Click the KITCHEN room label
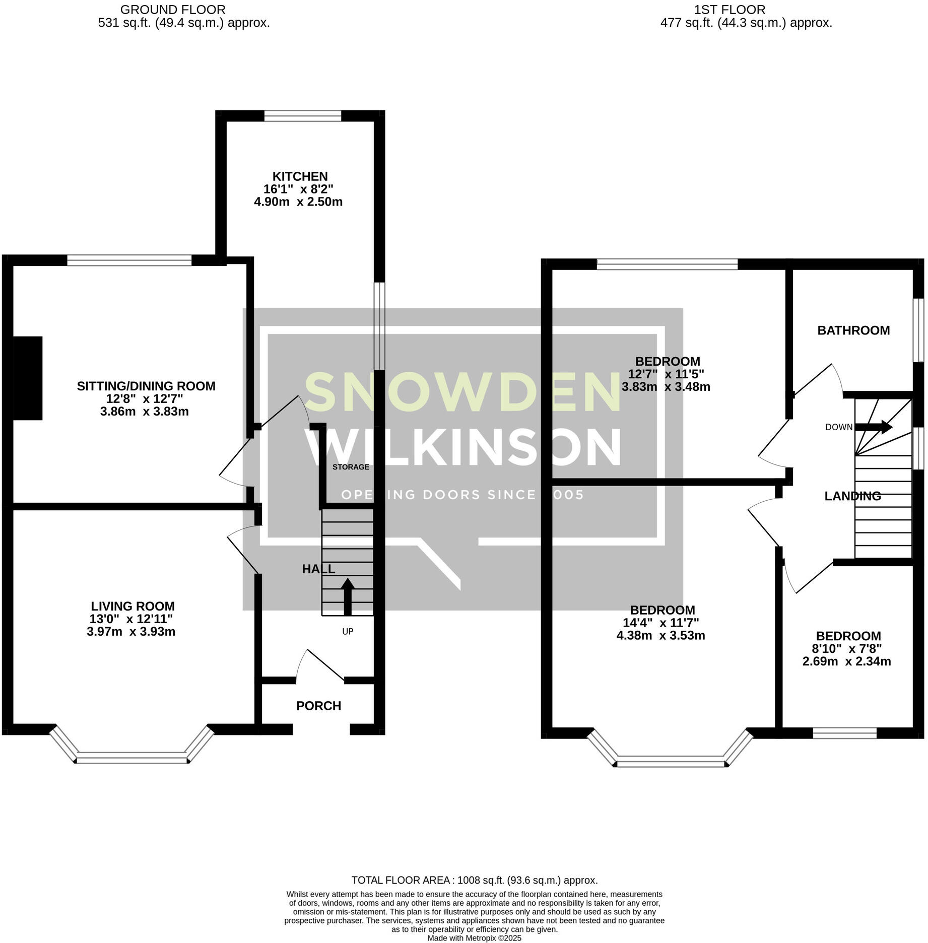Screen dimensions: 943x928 pyautogui.click(x=300, y=176)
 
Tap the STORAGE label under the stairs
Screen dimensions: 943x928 pyautogui.click(x=351, y=467)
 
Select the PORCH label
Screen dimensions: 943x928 pyautogui.click(x=318, y=706)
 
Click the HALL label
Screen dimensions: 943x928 pyautogui.click(x=318, y=569)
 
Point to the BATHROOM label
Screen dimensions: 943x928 pyautogui.click(x=853, y=330)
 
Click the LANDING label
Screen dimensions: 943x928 pyautogui.click(x=852, y=496)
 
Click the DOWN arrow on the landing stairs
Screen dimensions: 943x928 pyautogui.click(x=874, y=427)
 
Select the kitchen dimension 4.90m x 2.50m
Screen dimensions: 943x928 pyautogui.click(x=298, y=202)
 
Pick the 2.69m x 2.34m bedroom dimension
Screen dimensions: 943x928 pyautogui.click(x=846, y=661)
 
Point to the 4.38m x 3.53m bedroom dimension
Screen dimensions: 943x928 pyautogui.click(x=660, y=635)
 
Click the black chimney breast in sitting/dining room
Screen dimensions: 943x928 pyautogui.click(x=27, y=378)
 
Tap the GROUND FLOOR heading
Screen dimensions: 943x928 pyautogui.click(x=173, y=10)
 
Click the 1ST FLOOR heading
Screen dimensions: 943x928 pyautogui.click(x=730, y=10)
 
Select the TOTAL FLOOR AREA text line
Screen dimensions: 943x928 pyautogui.click(x=474, y=880)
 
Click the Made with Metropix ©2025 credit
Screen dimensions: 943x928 pyautogui.click(x=474, y=938)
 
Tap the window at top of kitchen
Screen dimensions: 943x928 pyautogui.click(x=302, y=116)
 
